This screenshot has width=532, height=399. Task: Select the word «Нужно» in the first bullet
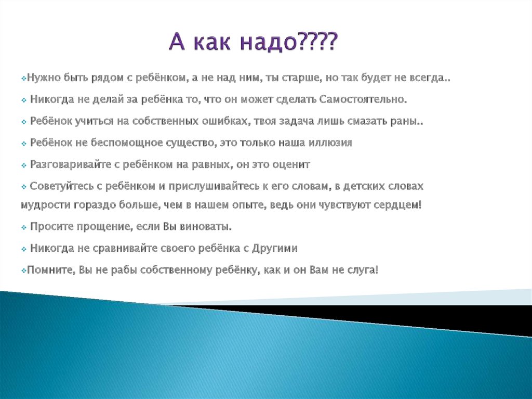[43, 79]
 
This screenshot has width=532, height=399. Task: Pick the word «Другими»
[275, 249]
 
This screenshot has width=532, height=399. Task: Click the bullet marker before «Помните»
[24, 271]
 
